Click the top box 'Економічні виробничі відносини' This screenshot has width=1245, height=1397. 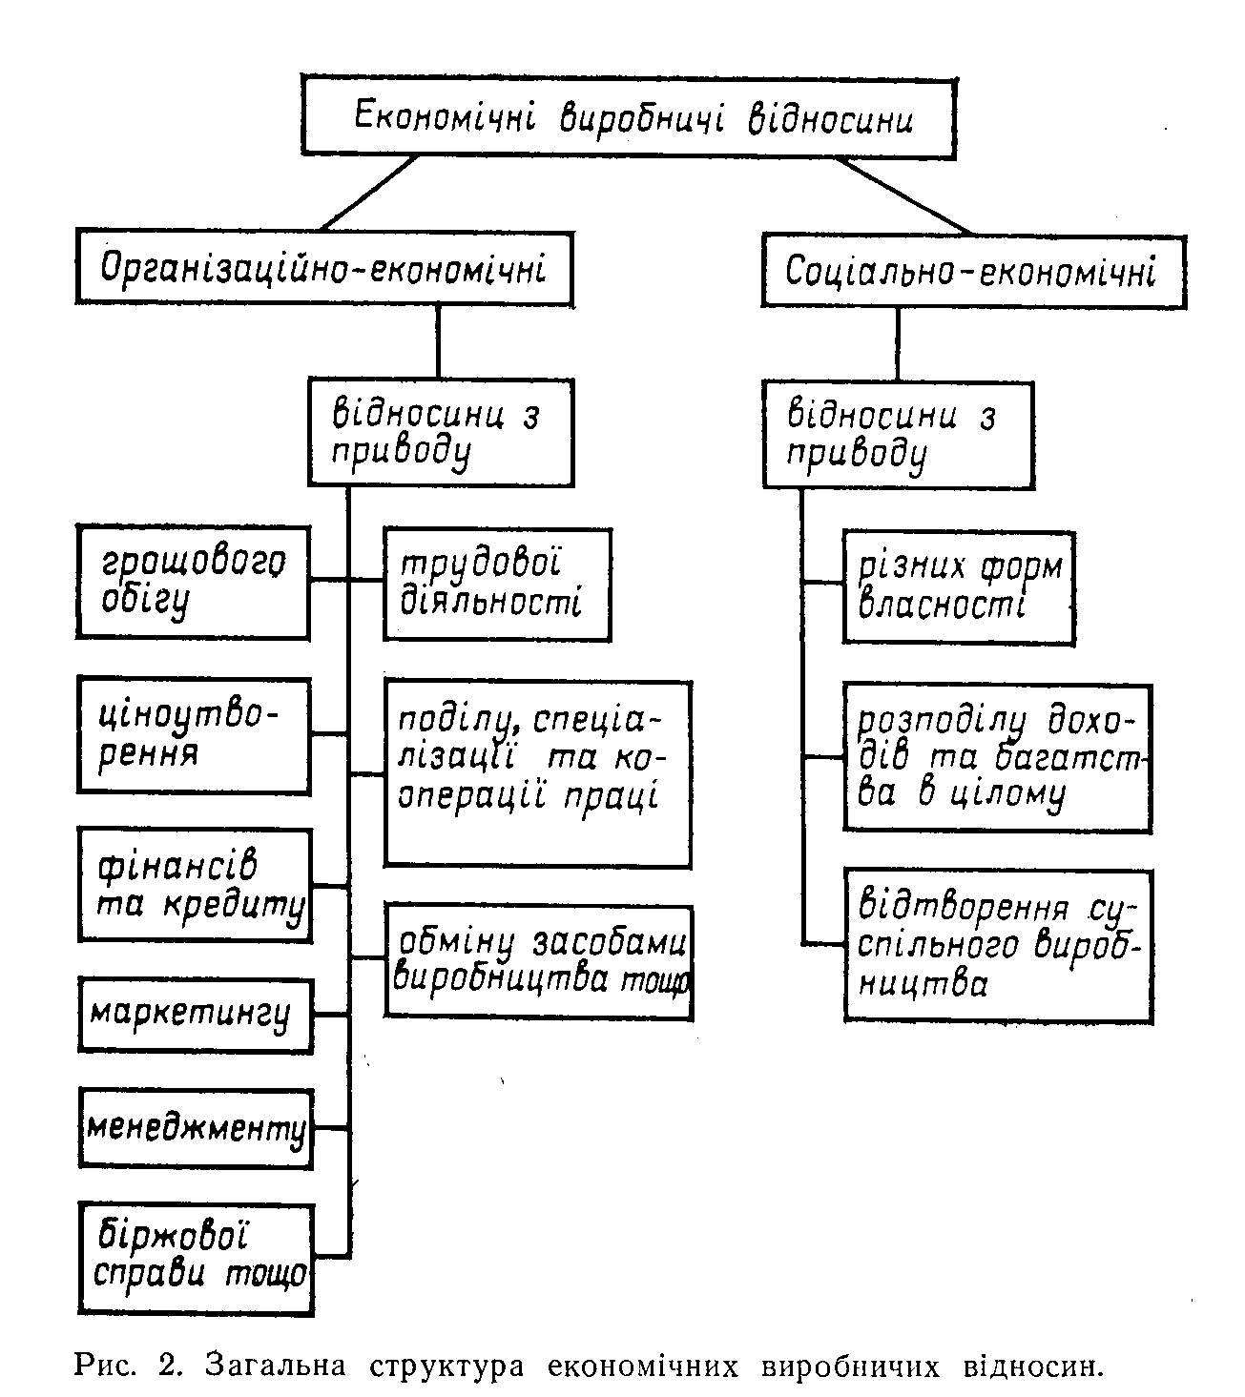point(629,116)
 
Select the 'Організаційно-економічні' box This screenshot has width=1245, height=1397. point(325,268)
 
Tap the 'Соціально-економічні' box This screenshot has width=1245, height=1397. point(974,271)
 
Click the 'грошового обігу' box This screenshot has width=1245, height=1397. point(193,582)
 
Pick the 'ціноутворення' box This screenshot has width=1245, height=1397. point(194,735)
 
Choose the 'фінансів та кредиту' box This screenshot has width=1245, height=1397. point(196,885)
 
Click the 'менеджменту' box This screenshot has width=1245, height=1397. point(196,1128)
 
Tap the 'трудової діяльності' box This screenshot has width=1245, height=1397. point(497,585)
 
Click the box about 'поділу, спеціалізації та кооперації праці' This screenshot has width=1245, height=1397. point(538,774)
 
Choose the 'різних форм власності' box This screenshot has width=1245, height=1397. point(959,587)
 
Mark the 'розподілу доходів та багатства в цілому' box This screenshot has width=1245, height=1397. point(998,758)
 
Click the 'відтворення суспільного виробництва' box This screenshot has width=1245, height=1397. point(999,946)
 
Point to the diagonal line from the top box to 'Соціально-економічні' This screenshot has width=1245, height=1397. point(904,195)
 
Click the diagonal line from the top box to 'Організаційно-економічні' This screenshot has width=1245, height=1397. point(370,193)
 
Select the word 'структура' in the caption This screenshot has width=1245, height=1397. point(446,1366)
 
